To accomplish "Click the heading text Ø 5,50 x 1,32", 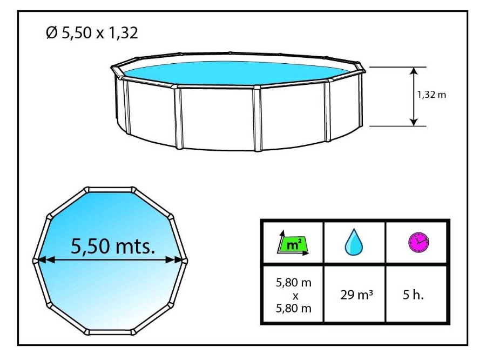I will [92, 34].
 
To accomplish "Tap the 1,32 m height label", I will [432, 95].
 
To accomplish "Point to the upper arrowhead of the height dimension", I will [413, 71].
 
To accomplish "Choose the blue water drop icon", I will [354, 243].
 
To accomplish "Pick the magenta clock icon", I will [417, 241].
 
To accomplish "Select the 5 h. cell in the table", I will [416, 295].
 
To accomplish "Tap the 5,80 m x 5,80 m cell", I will [293, 296].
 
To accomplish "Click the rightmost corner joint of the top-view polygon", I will [186, 260].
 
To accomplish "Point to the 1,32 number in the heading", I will [122, 34].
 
